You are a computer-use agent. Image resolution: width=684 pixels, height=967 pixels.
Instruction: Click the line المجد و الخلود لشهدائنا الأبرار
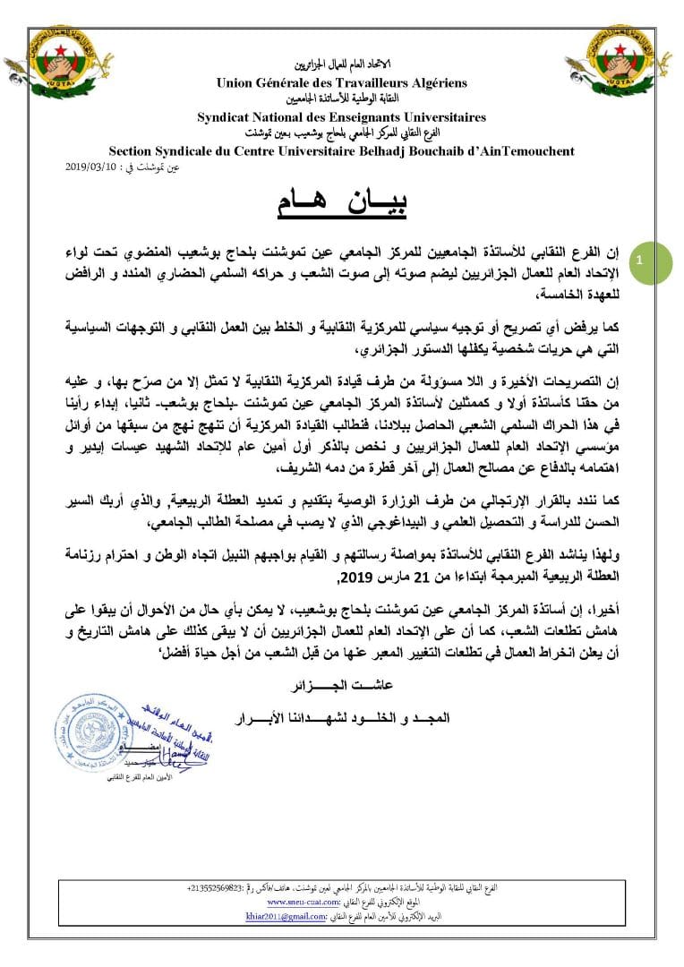pyautogui.click(x=342, y=716)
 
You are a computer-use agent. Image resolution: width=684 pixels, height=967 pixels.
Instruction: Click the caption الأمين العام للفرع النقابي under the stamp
pyautogui.click(x=116, y=792)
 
